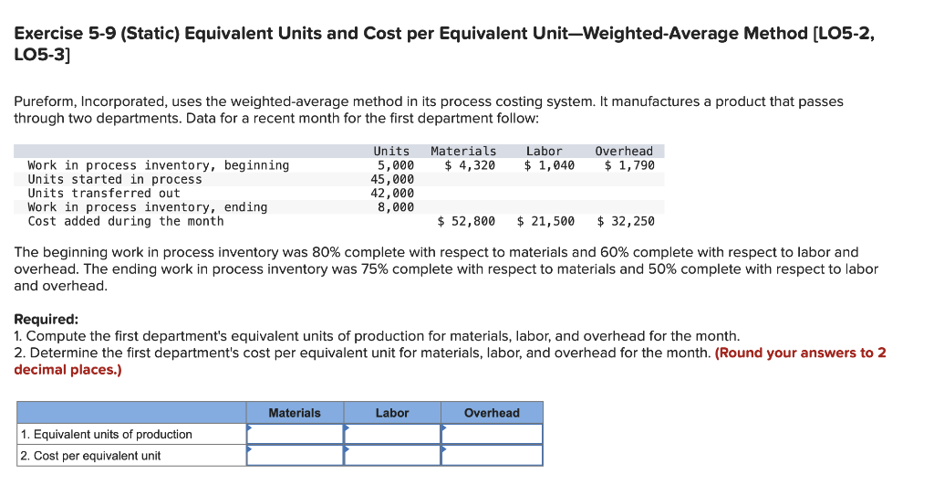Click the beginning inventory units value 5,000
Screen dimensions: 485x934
pyautogui.click(x=396, y=165)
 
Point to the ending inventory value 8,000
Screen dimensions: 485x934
pyautogui.click(x=396, y=207)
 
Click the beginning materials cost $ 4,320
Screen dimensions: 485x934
pyautogui.click(x=470, y=165)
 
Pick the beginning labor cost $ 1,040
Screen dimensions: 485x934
pyautogui.click(x=549, y=165)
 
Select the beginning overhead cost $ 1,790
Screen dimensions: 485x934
pyautogui.click(x=629, y=165)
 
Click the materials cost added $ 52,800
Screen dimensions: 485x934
pyautogui.click(x=466, y=221)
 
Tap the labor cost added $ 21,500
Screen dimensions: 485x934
pyautogui.click(x=545, y=221)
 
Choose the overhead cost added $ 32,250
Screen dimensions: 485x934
pyautogui.click(x=626, y=221)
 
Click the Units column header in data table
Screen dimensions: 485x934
pyautogui.click(x=391, y=151)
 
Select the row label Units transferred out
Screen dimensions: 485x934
pyautogui.click(x=104, y=193)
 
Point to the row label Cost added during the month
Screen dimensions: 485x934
pyautogui.click(x=126, y=221)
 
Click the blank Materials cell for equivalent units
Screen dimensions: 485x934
pyautogui.click(x=295, y=434)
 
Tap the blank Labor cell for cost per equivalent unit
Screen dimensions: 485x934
pyautogui.click(x=392, y=455)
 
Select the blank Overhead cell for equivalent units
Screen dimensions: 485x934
pyautogui.click(x=492, y=434)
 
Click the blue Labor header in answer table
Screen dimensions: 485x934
pyautogui.click(x=392, y=413)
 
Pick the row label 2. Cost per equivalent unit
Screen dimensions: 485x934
pyautogui.click(x=90, y=456)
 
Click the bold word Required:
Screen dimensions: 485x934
pyautogui.click(x=47, y=320)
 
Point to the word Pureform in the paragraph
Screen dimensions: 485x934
pyautogui.click(x=43, y=101)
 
